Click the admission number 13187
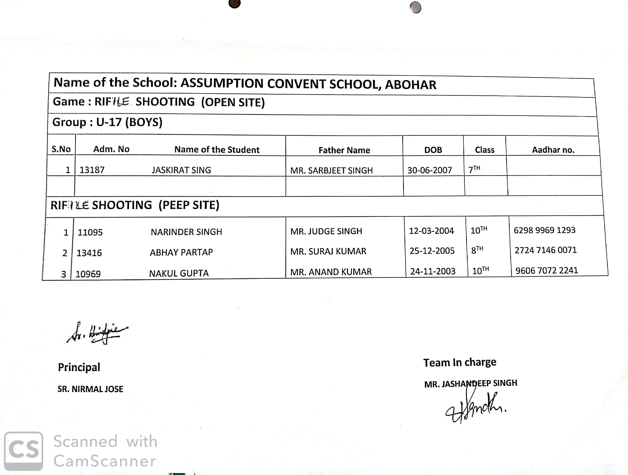(x=92, y=170)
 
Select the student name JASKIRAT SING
(x=181, y=170)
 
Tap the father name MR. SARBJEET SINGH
(x=331, y=170)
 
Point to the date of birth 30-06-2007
(x=430, y=170)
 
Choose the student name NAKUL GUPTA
(x=179, y=273)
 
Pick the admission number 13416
(x=89, y=253)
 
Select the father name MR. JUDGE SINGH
(x=326, y=231)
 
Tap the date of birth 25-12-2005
(x=432, y=251)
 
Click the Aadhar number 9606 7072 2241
(x=547, y=270)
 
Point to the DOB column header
(x=433, y=150)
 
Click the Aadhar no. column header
(x=553, y=150)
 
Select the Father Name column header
(x=344, y=150)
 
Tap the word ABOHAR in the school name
(x=411, y=85)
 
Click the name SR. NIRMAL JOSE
(x=90, y=389)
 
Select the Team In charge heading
(x=460, y=362)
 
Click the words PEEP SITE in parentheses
(x=189, y=205)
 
